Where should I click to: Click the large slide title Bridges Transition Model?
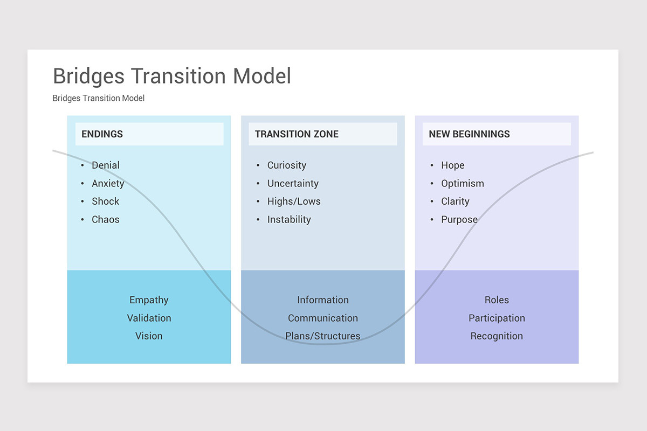171,76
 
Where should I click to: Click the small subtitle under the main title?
99,98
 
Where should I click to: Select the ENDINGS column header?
102,134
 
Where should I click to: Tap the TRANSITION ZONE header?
297,134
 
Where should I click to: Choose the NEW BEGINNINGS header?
469,134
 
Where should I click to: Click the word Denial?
106,165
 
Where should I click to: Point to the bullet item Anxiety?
108,183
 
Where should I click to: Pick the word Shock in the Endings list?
106,201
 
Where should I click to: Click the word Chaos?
106,219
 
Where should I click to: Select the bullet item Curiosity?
287,165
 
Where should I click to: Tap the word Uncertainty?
293,183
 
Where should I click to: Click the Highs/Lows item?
294,201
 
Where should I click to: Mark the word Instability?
289,219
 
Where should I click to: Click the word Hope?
453,165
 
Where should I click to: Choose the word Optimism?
463,183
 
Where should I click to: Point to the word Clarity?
455,201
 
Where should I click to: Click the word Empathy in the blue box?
149,300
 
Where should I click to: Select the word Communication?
323,318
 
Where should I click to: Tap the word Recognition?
497,336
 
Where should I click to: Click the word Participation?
497,318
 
